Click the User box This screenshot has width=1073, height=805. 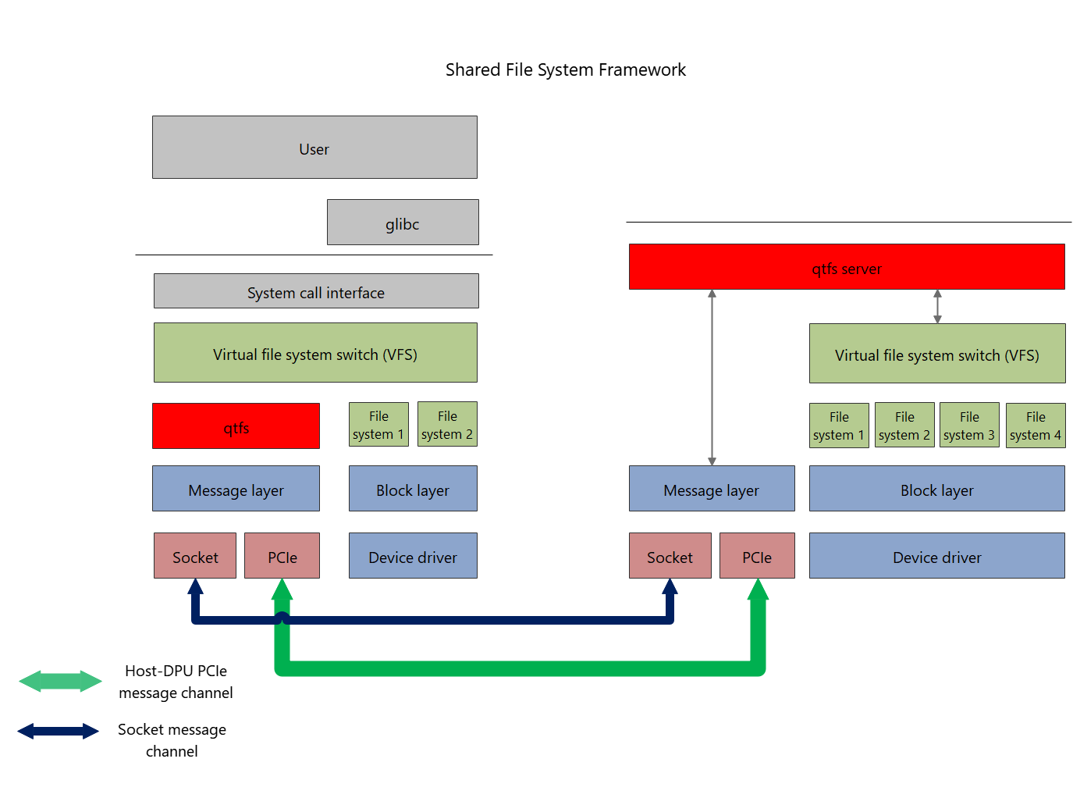(x=314, y=148)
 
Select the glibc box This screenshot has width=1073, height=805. (x=403, y=223)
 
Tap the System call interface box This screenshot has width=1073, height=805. (x=316, y=291)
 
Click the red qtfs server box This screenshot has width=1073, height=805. (x=847, y=267)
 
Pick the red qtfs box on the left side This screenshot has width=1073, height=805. (x=236, y=426)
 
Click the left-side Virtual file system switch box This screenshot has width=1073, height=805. (x=315, y=353)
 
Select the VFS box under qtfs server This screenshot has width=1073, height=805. (x=936, y=354)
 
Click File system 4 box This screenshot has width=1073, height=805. (x=1035, y=426)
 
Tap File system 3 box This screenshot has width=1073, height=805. (x=968, y=426)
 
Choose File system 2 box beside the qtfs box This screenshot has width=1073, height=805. (x=447, y=425)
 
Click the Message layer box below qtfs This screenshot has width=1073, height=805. (x=236, y=489)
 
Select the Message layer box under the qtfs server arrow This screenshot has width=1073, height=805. (x=712, y=489)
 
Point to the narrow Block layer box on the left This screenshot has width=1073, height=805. (x=413, y=489)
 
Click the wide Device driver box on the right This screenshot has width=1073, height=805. (x=936, y=556)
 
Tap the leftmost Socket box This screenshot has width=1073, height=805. (x=195, y=556)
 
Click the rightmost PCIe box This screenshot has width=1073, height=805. (x=757, y=556)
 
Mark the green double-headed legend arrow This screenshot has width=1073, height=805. (x=60, y=681)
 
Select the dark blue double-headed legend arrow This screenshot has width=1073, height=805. (x=59, y=731)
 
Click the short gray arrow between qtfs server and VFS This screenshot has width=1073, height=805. (x=937, y=306)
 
